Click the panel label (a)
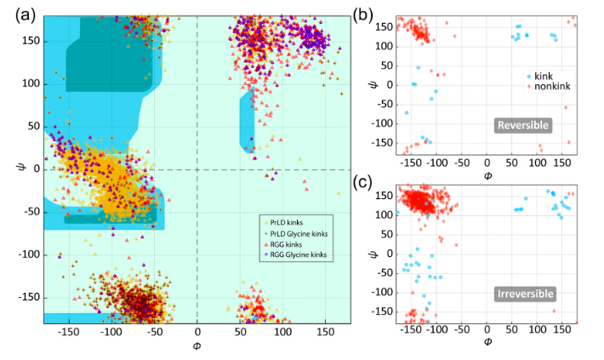26,15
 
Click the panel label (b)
363,15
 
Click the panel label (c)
362,183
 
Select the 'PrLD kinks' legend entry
283,223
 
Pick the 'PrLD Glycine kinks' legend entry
295,233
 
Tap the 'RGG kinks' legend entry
282,244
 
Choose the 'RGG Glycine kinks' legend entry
295,254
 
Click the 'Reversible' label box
522,125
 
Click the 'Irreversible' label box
526,294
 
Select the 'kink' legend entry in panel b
539,77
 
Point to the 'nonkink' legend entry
549,86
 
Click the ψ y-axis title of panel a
20,167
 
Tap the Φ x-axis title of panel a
197,346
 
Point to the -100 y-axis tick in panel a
29,254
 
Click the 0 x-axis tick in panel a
197,331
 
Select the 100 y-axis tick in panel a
31,84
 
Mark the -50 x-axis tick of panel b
461,163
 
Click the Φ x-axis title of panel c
487,341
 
